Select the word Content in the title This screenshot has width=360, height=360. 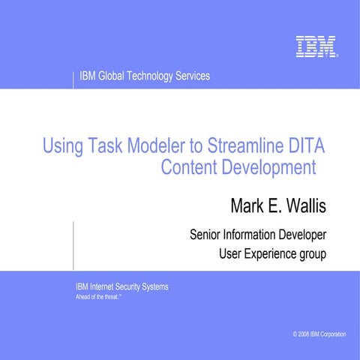(189, 167)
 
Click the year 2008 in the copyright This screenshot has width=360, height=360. (302, 333)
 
